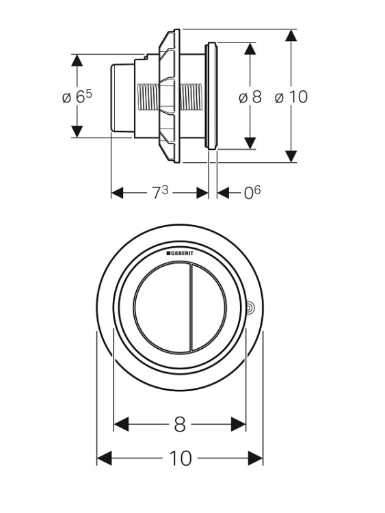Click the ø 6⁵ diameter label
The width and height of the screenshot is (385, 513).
click(x=77, y=97)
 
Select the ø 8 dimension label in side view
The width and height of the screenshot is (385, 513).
click(x=250, y=97)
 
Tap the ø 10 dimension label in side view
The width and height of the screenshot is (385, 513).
click(x=291, y=97)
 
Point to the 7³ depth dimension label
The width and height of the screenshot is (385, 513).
click(x=160, y=192)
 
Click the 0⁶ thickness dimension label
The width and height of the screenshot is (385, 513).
click(x=252, y=192)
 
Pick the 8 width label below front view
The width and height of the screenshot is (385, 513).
click(x=180, y=424)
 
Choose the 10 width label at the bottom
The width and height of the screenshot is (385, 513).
click(x=181, y=458)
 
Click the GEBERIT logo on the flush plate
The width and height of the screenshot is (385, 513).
click(x=180, y=253)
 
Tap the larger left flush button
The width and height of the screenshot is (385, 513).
click(x=161, y=308)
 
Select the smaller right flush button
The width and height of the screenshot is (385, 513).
click(x=209, y=308)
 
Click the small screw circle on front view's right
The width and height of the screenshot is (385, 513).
click(x=250, y=308)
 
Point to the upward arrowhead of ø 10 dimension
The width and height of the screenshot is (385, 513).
click(x=291, y=36)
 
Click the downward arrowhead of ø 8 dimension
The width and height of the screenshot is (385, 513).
click(x=250, y=144)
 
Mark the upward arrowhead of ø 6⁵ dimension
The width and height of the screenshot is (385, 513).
click(x=77, y=60)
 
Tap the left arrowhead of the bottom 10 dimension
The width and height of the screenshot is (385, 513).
click(x=105, y=458)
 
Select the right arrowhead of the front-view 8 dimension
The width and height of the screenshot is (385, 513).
click(x=238, y=424)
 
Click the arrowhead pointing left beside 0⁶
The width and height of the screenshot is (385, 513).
click(x=223, y=193)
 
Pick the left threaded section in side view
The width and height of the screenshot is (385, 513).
click(x=148, y=97)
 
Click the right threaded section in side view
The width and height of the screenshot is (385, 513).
click(x=191, y=97)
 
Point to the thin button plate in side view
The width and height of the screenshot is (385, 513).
click(x=211, y=96)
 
